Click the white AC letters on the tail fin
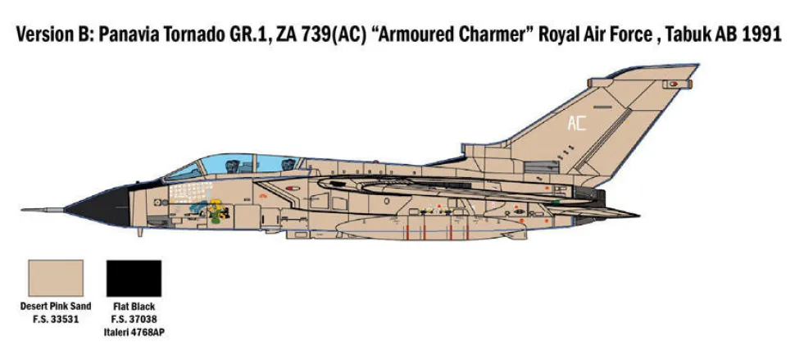click(x=576, y=123)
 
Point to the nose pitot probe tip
click(x=23, y=209)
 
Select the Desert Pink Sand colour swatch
click(x=56, y=278)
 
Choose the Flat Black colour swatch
click(x=134, y=278)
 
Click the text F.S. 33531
click(x=56, y=320)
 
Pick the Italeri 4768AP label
click(x=134, y=333)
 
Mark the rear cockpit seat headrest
click(x=288, y=164)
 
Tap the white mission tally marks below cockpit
click(x=189, y=192)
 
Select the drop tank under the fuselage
click(x=431, y=228)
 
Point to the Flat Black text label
click(x=134, y=306)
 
